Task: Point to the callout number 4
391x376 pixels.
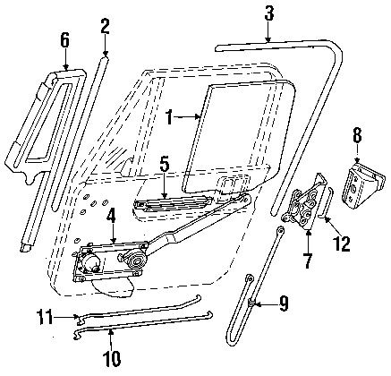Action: [x=110, y=214]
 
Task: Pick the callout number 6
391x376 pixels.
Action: [x=64, y=38]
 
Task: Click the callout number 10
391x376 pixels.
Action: [x=110, y=360]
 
